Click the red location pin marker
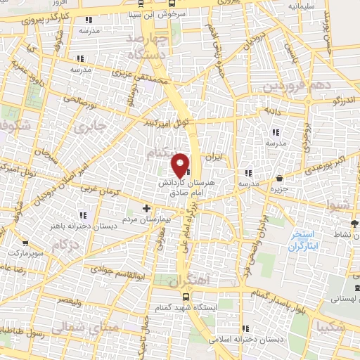tap(181, 165)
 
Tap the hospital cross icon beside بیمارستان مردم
tap(146, 208)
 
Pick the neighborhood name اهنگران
tap(190, 280)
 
